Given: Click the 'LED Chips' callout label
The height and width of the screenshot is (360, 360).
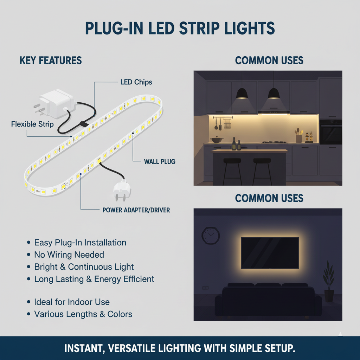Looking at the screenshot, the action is (x=136, y=82).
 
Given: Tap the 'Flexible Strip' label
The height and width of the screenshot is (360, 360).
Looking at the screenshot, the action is (x=32, y=124).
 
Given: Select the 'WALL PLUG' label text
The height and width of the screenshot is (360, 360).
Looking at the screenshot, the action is (x=160, y=162).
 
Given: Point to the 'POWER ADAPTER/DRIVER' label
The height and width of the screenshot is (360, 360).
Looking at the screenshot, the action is (x=136, y=210).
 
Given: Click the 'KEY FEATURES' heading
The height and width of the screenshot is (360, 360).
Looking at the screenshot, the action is (x=51, y=60).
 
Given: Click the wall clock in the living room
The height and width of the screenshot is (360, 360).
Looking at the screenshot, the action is (x=211, y=236).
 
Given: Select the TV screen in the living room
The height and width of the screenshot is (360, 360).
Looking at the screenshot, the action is (x=270, y=253).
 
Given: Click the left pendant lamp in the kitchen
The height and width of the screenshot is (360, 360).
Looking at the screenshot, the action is (x=242, y=93).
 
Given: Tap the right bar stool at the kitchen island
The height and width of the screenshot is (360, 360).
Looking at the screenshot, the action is (x=262, y=171).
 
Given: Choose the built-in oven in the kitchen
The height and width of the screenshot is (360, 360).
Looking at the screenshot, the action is (x=330, y=132).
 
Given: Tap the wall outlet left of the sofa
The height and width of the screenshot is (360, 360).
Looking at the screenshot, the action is (x=205, y=288).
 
